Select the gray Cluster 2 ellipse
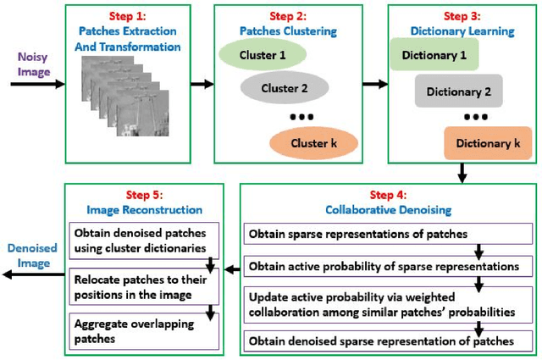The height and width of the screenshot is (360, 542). (x=285, y=86)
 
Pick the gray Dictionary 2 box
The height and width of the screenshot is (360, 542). (x=459, y=91)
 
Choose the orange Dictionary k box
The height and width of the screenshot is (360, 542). (x=487, y=143)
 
